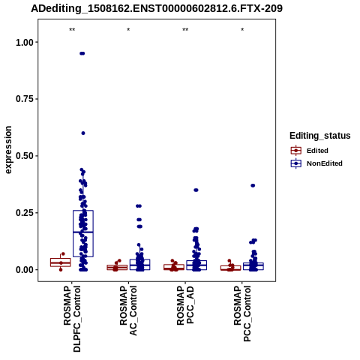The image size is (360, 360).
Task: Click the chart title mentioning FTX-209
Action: click(157, 8)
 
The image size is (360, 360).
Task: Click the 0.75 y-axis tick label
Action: click(25, 99)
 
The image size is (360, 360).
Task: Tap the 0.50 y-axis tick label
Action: click(25, 156)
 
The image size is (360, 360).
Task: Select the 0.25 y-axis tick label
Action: click(25, 213)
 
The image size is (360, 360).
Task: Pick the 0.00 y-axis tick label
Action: click(25, 270)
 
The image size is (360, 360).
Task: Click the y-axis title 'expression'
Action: click(8, 150)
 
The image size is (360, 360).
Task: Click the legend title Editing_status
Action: click(320, 136)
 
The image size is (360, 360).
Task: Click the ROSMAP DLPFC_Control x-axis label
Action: click(72, 319)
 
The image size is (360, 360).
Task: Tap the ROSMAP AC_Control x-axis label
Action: click(128, 310)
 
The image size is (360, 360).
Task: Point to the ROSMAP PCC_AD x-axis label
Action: click(185, 305)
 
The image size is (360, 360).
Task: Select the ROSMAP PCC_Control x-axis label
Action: click(242, 313)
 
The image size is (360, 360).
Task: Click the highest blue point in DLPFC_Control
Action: click(82, 53)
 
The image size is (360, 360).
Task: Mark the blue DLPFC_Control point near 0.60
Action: click(83, 133)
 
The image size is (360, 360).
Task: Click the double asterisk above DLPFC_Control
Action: click(72, 30)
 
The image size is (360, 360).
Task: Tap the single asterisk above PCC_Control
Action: click(242, 30)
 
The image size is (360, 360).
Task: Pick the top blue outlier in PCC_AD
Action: click(196, 190)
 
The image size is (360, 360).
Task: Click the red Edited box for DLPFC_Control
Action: click(61, 262)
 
